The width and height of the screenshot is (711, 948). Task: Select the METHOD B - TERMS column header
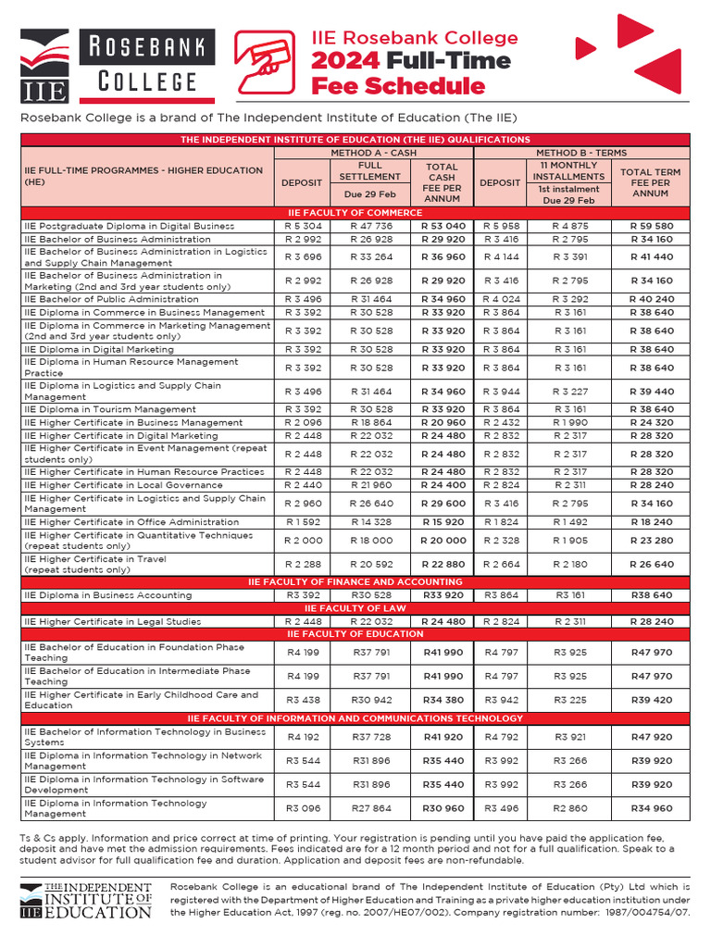pyautogui.click(x=581, y=153)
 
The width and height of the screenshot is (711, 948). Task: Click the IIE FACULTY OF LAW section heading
pyautogui.click(x=355, y=608)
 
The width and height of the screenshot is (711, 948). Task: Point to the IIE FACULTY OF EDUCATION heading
pyautogui.click(x=355, y=634)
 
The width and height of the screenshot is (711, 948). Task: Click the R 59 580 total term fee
pyautogui.click(x=651, y=226)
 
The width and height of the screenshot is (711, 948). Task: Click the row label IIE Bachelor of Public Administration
pyautogui.click(x=111, y=300)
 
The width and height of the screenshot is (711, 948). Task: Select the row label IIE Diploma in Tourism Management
pyautogui.click(x=110, y=409)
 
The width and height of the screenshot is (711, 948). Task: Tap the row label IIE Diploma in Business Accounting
pyautogui.click(x=108, y=595)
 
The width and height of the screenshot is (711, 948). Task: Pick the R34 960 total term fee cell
pyautogui.click(x=651, y=809)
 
